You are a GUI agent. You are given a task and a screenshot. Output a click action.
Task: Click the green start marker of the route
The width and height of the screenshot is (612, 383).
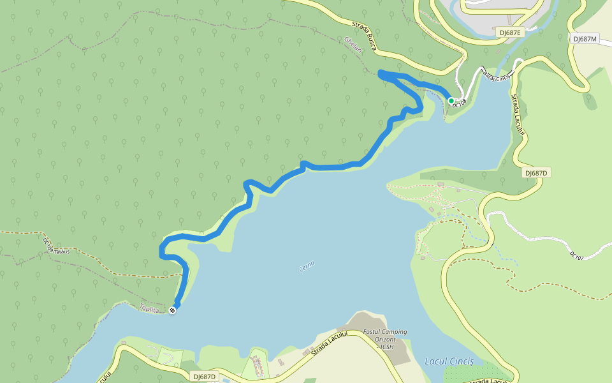tap(451, 100)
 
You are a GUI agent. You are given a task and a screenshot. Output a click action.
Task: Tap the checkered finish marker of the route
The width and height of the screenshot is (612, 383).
tap(173, 311)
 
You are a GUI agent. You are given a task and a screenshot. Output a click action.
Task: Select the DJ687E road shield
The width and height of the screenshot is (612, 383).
tap(509, 32)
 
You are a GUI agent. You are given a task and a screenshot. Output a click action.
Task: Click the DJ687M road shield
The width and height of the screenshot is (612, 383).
tap(584, 39)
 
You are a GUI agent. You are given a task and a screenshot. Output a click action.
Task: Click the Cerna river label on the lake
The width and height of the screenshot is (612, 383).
tap(307, 266)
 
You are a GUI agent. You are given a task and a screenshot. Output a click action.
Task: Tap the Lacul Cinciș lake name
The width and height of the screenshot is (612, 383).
tap(449, 361)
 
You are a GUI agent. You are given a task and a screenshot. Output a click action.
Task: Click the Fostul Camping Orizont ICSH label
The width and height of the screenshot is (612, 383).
tap(384, 339)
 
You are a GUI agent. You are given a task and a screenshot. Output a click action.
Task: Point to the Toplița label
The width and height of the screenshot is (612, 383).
tap(149, 308)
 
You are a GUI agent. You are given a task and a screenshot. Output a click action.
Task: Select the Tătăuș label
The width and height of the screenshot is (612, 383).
tap(61, 252)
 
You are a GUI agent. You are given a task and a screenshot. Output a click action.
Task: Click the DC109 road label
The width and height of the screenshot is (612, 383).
tap(48, 244)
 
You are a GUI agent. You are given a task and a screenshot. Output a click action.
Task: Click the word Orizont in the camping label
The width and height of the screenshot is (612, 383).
tap(384, 339)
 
